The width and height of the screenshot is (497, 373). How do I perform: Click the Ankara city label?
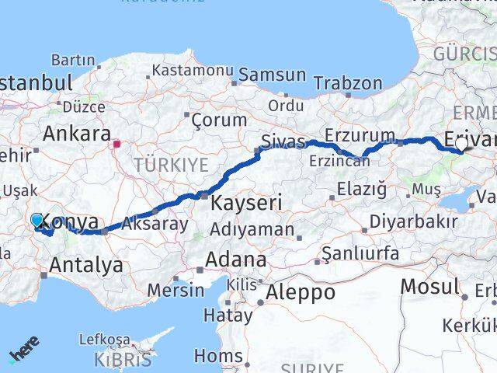point(75,133)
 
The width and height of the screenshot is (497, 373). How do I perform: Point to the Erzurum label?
point(360,134)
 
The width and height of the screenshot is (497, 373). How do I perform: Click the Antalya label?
point(85,265)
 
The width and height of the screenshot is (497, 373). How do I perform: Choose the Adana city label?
point(236,259)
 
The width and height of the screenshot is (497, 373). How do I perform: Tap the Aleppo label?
point(301,293)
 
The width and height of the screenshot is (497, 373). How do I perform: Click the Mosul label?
point(429,287)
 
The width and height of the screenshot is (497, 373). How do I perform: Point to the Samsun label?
point(272,75)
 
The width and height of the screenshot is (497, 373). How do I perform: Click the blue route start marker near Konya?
point(36,220)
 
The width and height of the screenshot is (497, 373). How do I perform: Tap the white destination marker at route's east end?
point(462,144)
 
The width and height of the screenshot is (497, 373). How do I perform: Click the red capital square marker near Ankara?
point(117,144)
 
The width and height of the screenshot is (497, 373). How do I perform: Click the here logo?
point(24,354)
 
